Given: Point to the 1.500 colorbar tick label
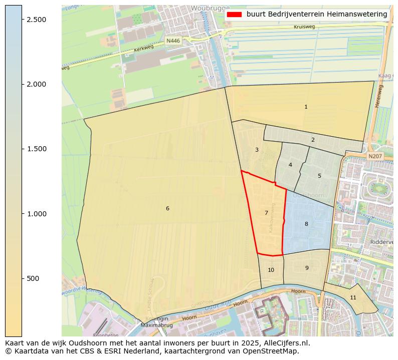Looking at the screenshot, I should pyautogui.click(x=36, y=149).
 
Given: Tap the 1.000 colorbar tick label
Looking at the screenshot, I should pyautogui.click(x=36, y=214).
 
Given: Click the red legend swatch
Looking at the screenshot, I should pyautogui.click(x=234, y=15).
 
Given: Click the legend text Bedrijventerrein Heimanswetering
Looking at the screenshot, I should pyautogui.click(x=316, y=15).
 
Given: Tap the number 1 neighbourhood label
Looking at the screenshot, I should pyautogui.click(x=306, y=107).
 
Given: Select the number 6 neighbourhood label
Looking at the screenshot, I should pyautogui.click(x=167, y=208).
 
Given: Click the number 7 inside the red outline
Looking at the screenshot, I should pyautogui.click(x=266, y=213).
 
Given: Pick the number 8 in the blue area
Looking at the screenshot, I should pyautogui.click(x=306, y=224).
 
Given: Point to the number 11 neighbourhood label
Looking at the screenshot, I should pyautogui.click(x=353, y=297).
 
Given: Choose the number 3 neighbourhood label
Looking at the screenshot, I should pyautogui.click(x=257, y=150).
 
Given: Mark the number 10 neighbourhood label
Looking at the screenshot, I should pyautogui.click(x=271, y=270).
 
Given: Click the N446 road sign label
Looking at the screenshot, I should pyautogui.click(x=173, y=41).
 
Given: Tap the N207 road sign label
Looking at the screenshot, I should pyautogui.click(x=374, y=156).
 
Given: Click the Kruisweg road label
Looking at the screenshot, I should pyautogui.click(x=304, y=27).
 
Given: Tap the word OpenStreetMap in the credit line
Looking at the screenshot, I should pyautogui.click(x=274, y=351).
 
